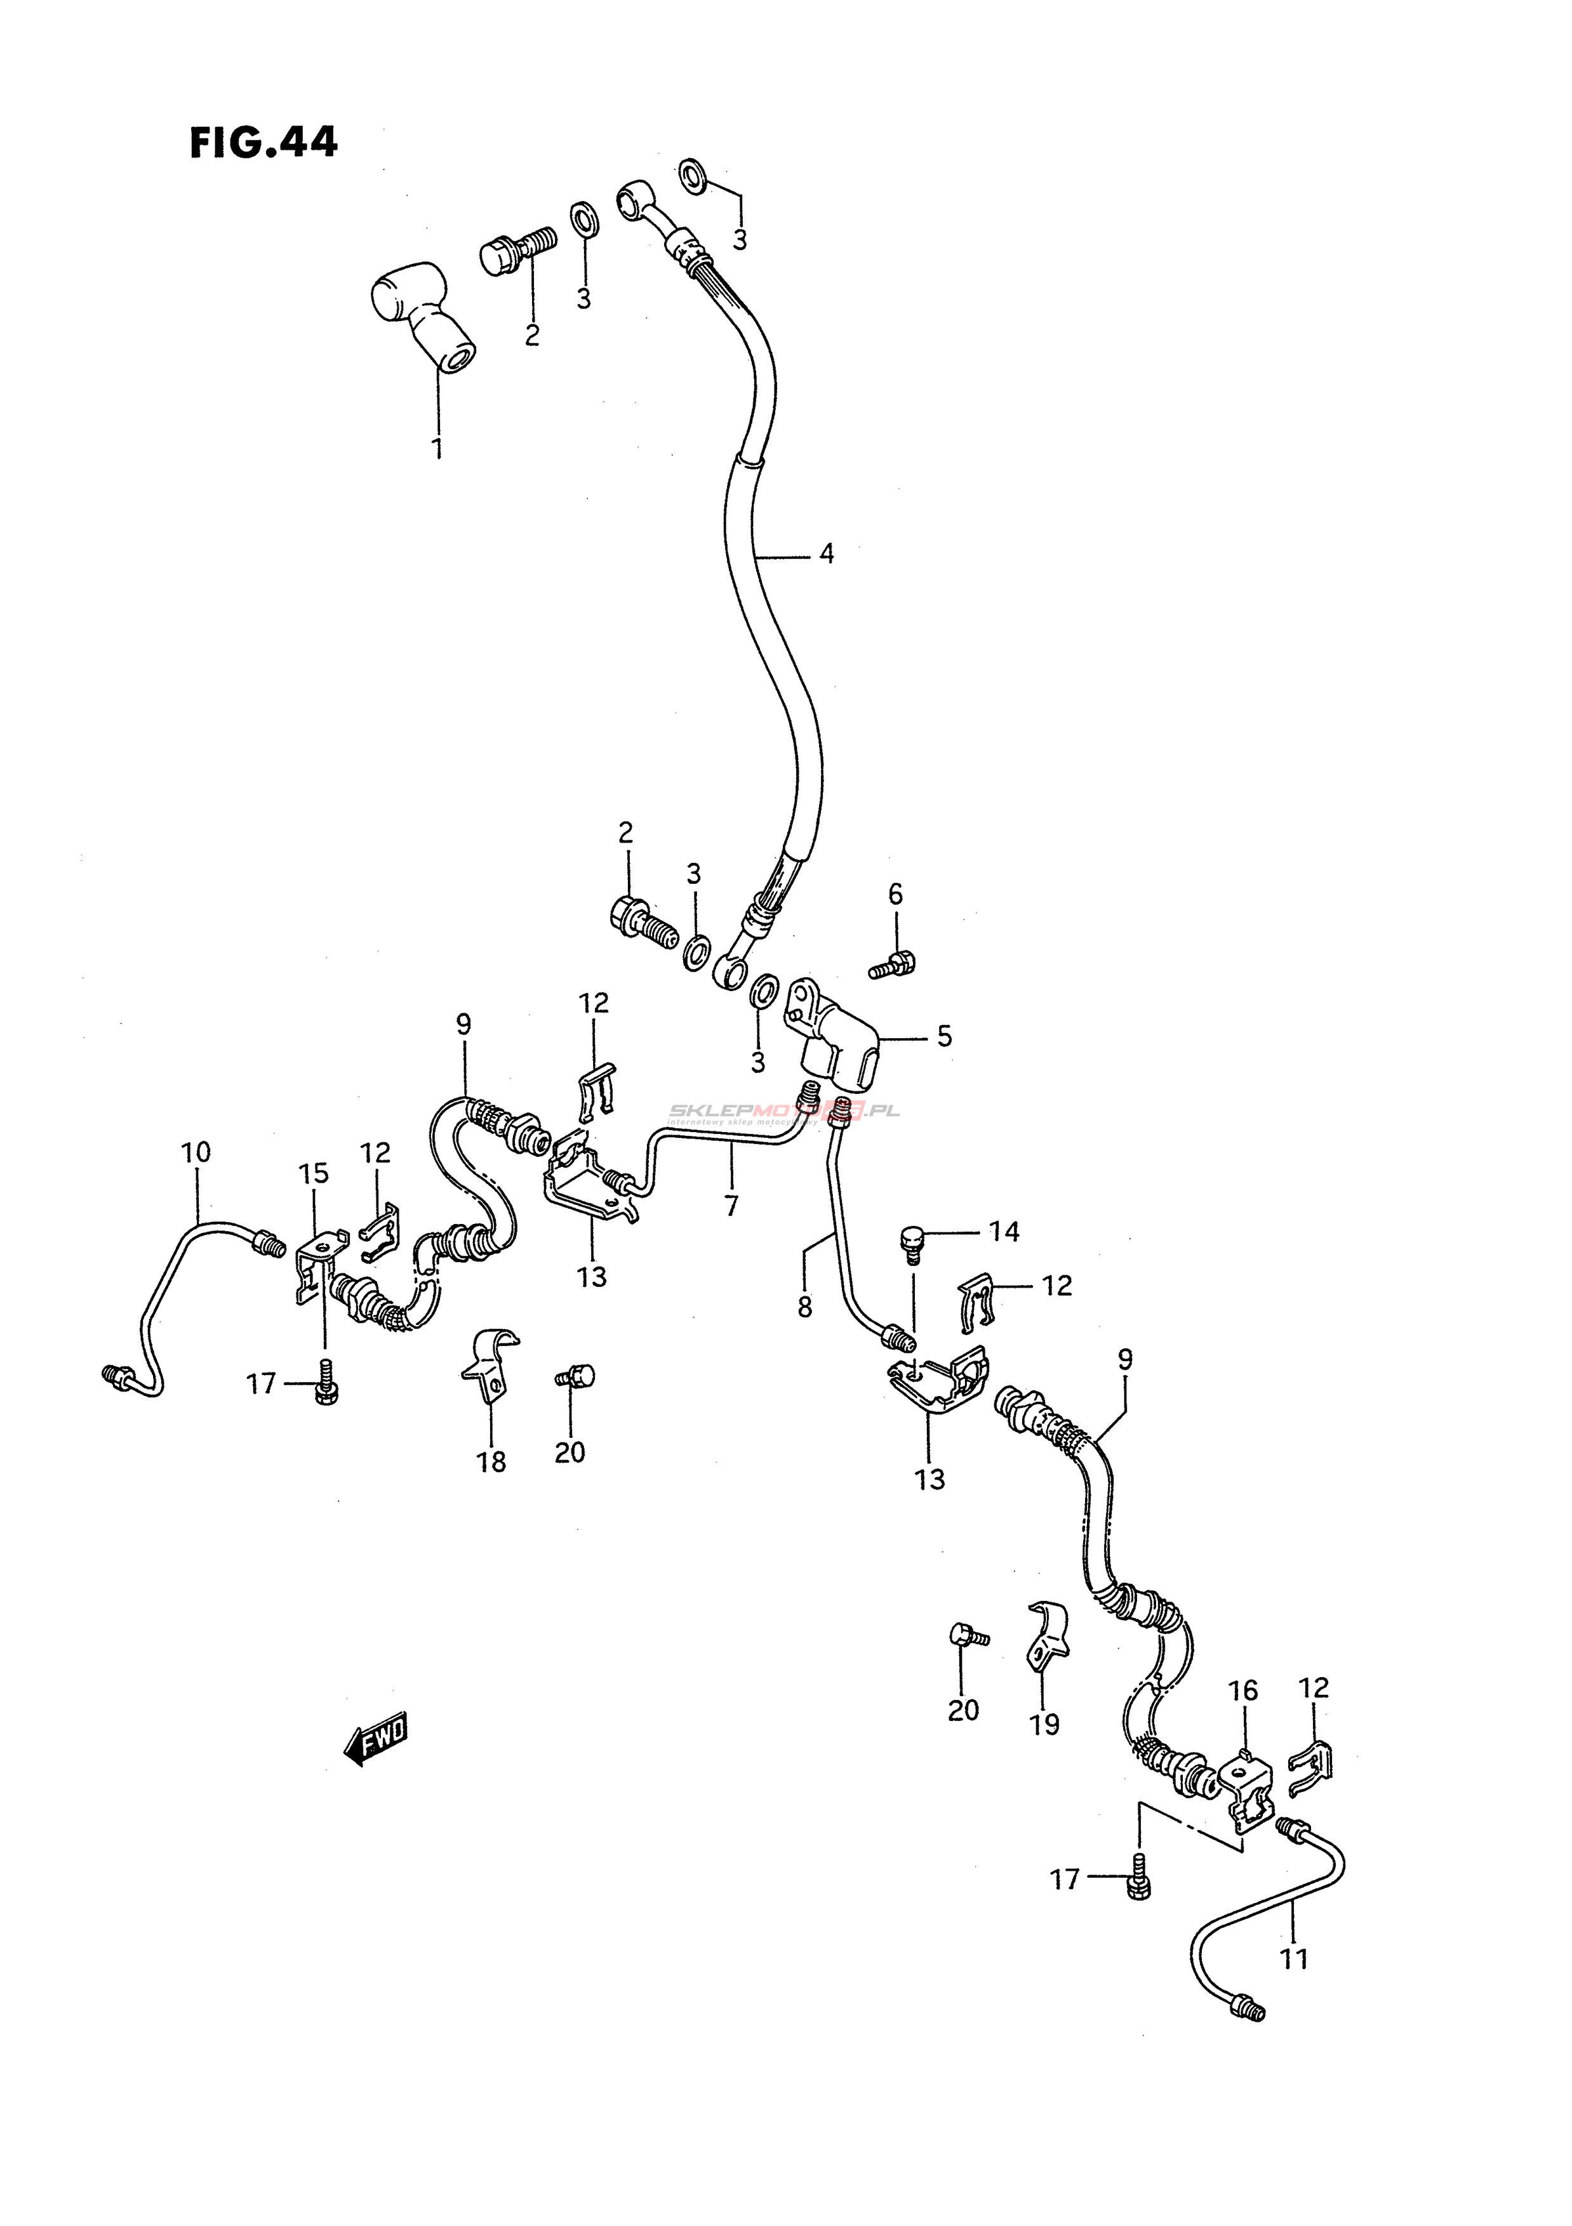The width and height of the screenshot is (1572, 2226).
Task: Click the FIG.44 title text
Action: pos(263,143)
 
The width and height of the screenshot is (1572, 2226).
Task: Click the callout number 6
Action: pos(895,894)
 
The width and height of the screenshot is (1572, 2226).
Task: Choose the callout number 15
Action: pos(313,1173)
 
